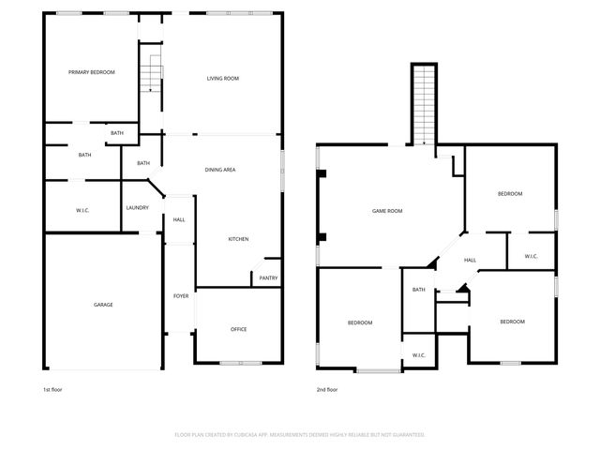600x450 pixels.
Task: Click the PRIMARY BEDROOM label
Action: tap(92, 71)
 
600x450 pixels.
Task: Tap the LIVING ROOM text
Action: tap(223, 78)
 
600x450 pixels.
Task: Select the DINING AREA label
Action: tap(219, 169)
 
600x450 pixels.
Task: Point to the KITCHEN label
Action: tap(238, 240)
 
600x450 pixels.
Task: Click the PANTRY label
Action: tap(267, 277)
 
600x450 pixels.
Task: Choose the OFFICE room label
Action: tap(239, 329)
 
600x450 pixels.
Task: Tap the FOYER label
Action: tap(181, 296)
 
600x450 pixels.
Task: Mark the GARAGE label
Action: tap(103, 305)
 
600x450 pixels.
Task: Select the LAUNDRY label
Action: tap(137, 207)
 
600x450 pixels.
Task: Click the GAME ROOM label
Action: tap(387, 211)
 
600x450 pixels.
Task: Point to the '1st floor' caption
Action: tap(53, 389)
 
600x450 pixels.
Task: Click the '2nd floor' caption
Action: tap(328, 389)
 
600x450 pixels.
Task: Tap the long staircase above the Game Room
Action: tap(425, 103)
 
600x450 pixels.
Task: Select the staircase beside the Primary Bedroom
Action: tap(150, 71)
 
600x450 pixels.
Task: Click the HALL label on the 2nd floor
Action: tap(470, 261)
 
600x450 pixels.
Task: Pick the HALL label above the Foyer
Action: tap(178, 220)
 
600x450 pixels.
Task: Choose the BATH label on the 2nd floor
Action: tap(419, 289)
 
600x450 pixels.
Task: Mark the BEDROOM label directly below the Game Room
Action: tap(360, 322)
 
